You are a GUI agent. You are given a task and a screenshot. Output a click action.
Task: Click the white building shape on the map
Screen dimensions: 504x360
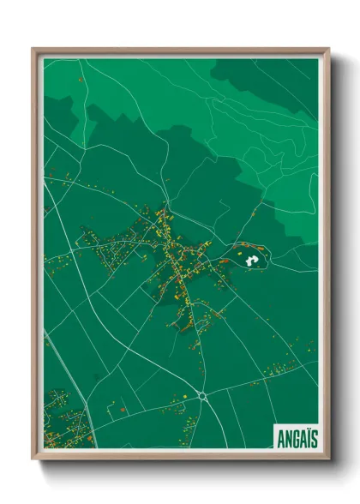251,258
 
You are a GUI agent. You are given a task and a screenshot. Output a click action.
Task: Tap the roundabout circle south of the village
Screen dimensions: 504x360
202,395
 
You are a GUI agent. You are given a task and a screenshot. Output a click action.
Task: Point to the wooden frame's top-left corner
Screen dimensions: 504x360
34,50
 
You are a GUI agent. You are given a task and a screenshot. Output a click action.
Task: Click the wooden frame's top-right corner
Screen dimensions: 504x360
328,50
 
